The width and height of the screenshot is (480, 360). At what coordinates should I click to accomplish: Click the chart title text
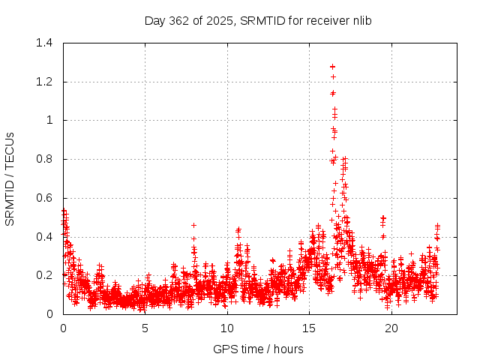point(258,20)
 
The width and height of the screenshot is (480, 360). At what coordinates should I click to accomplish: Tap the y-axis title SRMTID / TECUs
point(10,178)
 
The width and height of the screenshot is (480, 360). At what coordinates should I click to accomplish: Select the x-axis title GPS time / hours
point(258,349)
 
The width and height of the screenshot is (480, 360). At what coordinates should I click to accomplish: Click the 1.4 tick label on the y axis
point(46,43)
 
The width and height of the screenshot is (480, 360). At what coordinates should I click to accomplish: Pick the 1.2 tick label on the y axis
point(46,82)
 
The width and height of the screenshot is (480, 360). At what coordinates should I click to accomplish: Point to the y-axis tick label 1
point(51,120)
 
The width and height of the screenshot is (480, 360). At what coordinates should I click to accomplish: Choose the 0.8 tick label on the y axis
point(46,159)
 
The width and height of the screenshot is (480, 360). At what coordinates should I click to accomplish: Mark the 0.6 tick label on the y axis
point(46,198)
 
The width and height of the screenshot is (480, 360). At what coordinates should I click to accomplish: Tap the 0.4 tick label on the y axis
point(46,236)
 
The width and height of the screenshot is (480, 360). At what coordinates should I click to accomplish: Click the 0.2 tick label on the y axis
point(46,275)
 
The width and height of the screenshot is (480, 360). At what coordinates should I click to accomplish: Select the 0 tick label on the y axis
point(51,314)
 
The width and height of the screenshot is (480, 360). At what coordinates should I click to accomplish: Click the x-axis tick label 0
point(63,328)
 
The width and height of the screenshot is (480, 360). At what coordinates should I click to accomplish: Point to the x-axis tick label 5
point(145,328)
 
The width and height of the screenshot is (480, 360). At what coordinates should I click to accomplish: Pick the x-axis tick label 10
point(227,328)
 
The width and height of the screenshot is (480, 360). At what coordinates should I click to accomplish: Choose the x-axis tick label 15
point(309,328)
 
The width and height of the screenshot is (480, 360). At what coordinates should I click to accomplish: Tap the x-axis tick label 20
point(391,328)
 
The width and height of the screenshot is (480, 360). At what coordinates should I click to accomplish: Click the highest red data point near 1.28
point(332,67)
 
